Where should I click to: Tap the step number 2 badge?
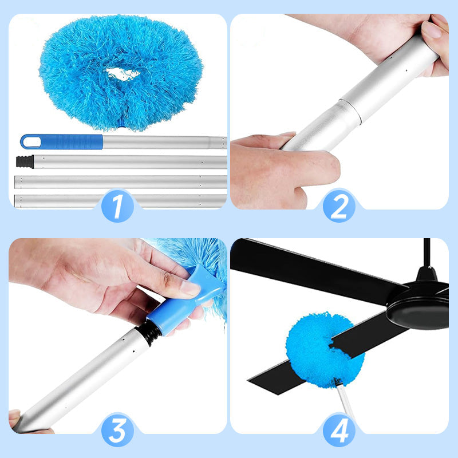coord(339,206)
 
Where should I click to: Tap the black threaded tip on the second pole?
coord(24,161)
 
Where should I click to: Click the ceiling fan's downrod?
coord(427,252)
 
